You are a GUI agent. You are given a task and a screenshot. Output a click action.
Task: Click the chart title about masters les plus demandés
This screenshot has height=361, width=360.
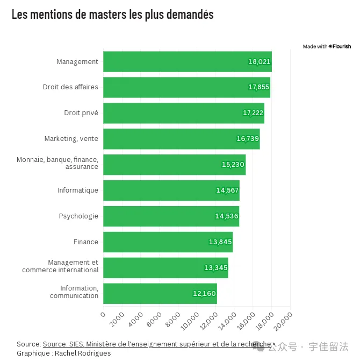(x=112, y=15)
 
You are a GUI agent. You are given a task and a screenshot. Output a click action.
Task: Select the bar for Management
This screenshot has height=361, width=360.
(x=187, y=62)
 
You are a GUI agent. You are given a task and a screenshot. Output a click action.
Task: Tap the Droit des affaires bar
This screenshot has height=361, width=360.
(x=186, y=87)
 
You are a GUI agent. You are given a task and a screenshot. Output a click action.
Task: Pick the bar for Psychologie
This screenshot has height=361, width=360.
(x=171, y=216)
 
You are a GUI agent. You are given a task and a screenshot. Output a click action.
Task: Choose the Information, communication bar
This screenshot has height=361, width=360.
(x=160, y=294)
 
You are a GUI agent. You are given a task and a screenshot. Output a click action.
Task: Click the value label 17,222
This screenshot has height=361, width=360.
(x=253, y=113)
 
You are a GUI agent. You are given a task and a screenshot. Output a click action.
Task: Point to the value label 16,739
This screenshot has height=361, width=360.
(x=248, y=139)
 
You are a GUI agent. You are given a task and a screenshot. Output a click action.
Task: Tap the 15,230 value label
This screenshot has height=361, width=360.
(x=233, y=165)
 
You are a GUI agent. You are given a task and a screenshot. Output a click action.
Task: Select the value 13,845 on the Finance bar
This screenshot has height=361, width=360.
(x=220, y=242)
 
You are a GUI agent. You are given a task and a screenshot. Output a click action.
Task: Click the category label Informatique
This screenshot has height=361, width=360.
(x=78, y=190)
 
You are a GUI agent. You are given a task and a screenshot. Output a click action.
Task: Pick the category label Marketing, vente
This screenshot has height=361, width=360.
(x=71, y=139)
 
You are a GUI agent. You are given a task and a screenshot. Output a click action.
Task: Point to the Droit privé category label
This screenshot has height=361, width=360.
(x=81, y=113)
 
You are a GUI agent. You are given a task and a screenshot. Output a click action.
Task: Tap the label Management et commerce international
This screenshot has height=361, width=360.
(x=60, y=266)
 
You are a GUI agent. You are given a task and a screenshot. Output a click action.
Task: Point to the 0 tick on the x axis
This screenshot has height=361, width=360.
(x=103, y=314)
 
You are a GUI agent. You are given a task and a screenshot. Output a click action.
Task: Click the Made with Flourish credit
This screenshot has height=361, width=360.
(x=327, y=47)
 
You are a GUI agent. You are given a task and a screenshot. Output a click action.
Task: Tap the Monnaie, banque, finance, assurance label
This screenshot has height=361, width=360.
(x=57, y=163)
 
